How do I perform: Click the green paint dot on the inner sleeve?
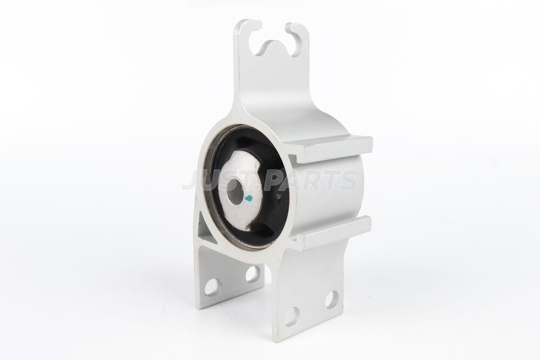pyautogui.click(x=248, y=198)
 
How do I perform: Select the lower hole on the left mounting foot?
pyautogui.click(x=212, y=287)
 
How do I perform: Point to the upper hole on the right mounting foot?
pyautogui.click(x=332, y=300)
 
